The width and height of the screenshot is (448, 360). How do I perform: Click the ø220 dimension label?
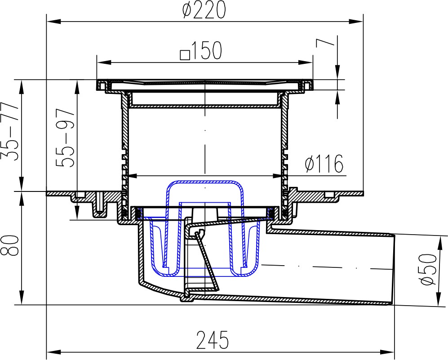click(204, 10)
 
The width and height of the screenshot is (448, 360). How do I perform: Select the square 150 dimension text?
click(201, 51)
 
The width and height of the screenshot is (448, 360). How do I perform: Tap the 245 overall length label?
click(213, 340)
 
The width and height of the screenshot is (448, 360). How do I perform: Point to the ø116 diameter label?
click(324, 164)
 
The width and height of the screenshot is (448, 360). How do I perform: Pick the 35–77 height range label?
click(9, 132)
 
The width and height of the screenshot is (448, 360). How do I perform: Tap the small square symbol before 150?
click(185, 54)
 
